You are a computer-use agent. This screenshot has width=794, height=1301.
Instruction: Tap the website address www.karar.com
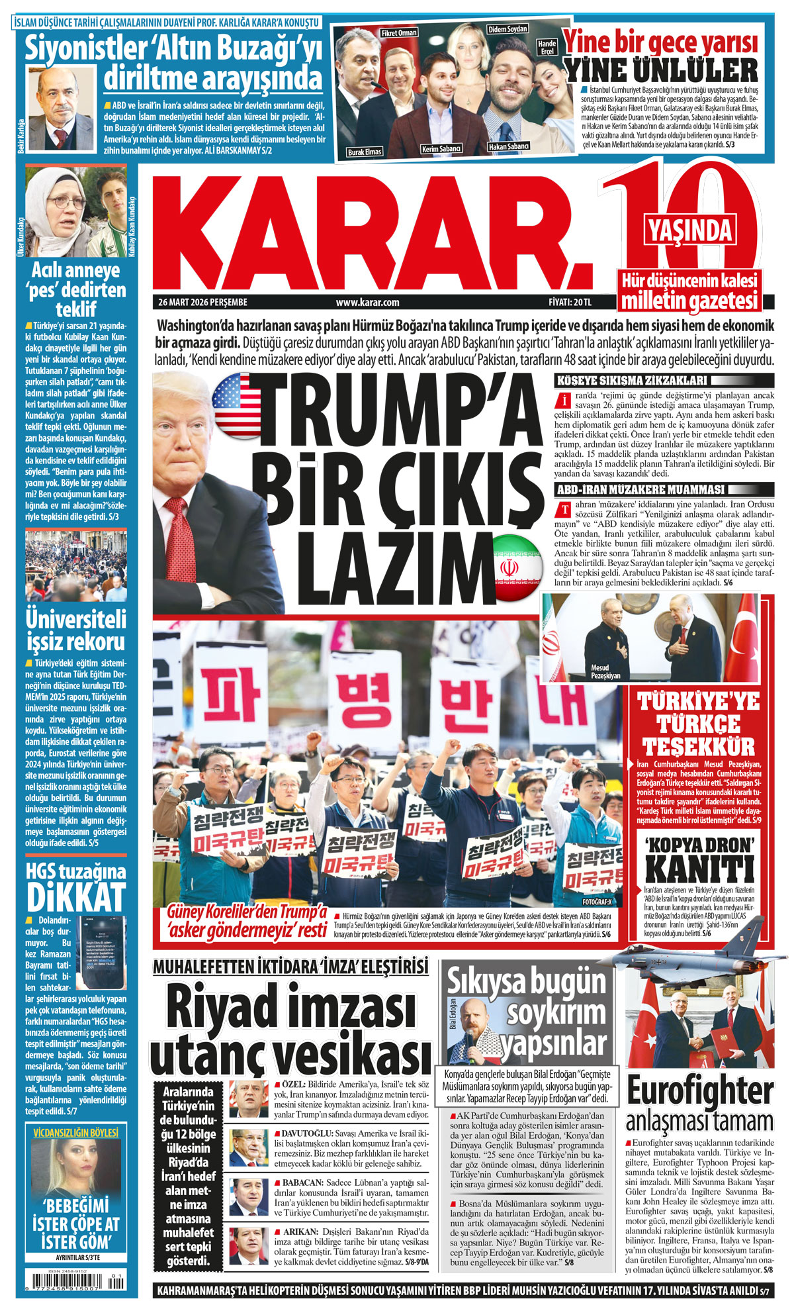[367, 303]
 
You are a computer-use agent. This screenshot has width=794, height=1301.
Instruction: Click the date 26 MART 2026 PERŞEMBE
[202, 303]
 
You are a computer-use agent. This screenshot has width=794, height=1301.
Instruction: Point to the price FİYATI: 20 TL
[570, 303]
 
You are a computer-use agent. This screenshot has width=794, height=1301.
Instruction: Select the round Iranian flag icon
[517, 567]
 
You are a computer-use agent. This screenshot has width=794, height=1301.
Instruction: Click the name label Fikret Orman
[398, 32]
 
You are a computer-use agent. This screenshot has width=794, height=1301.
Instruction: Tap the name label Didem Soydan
[507, 30]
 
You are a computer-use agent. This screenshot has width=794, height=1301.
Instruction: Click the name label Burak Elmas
[365, 152]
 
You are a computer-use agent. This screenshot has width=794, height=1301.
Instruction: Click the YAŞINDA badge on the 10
[690, 230]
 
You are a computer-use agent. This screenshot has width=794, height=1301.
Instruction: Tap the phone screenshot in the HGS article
[102, 948]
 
